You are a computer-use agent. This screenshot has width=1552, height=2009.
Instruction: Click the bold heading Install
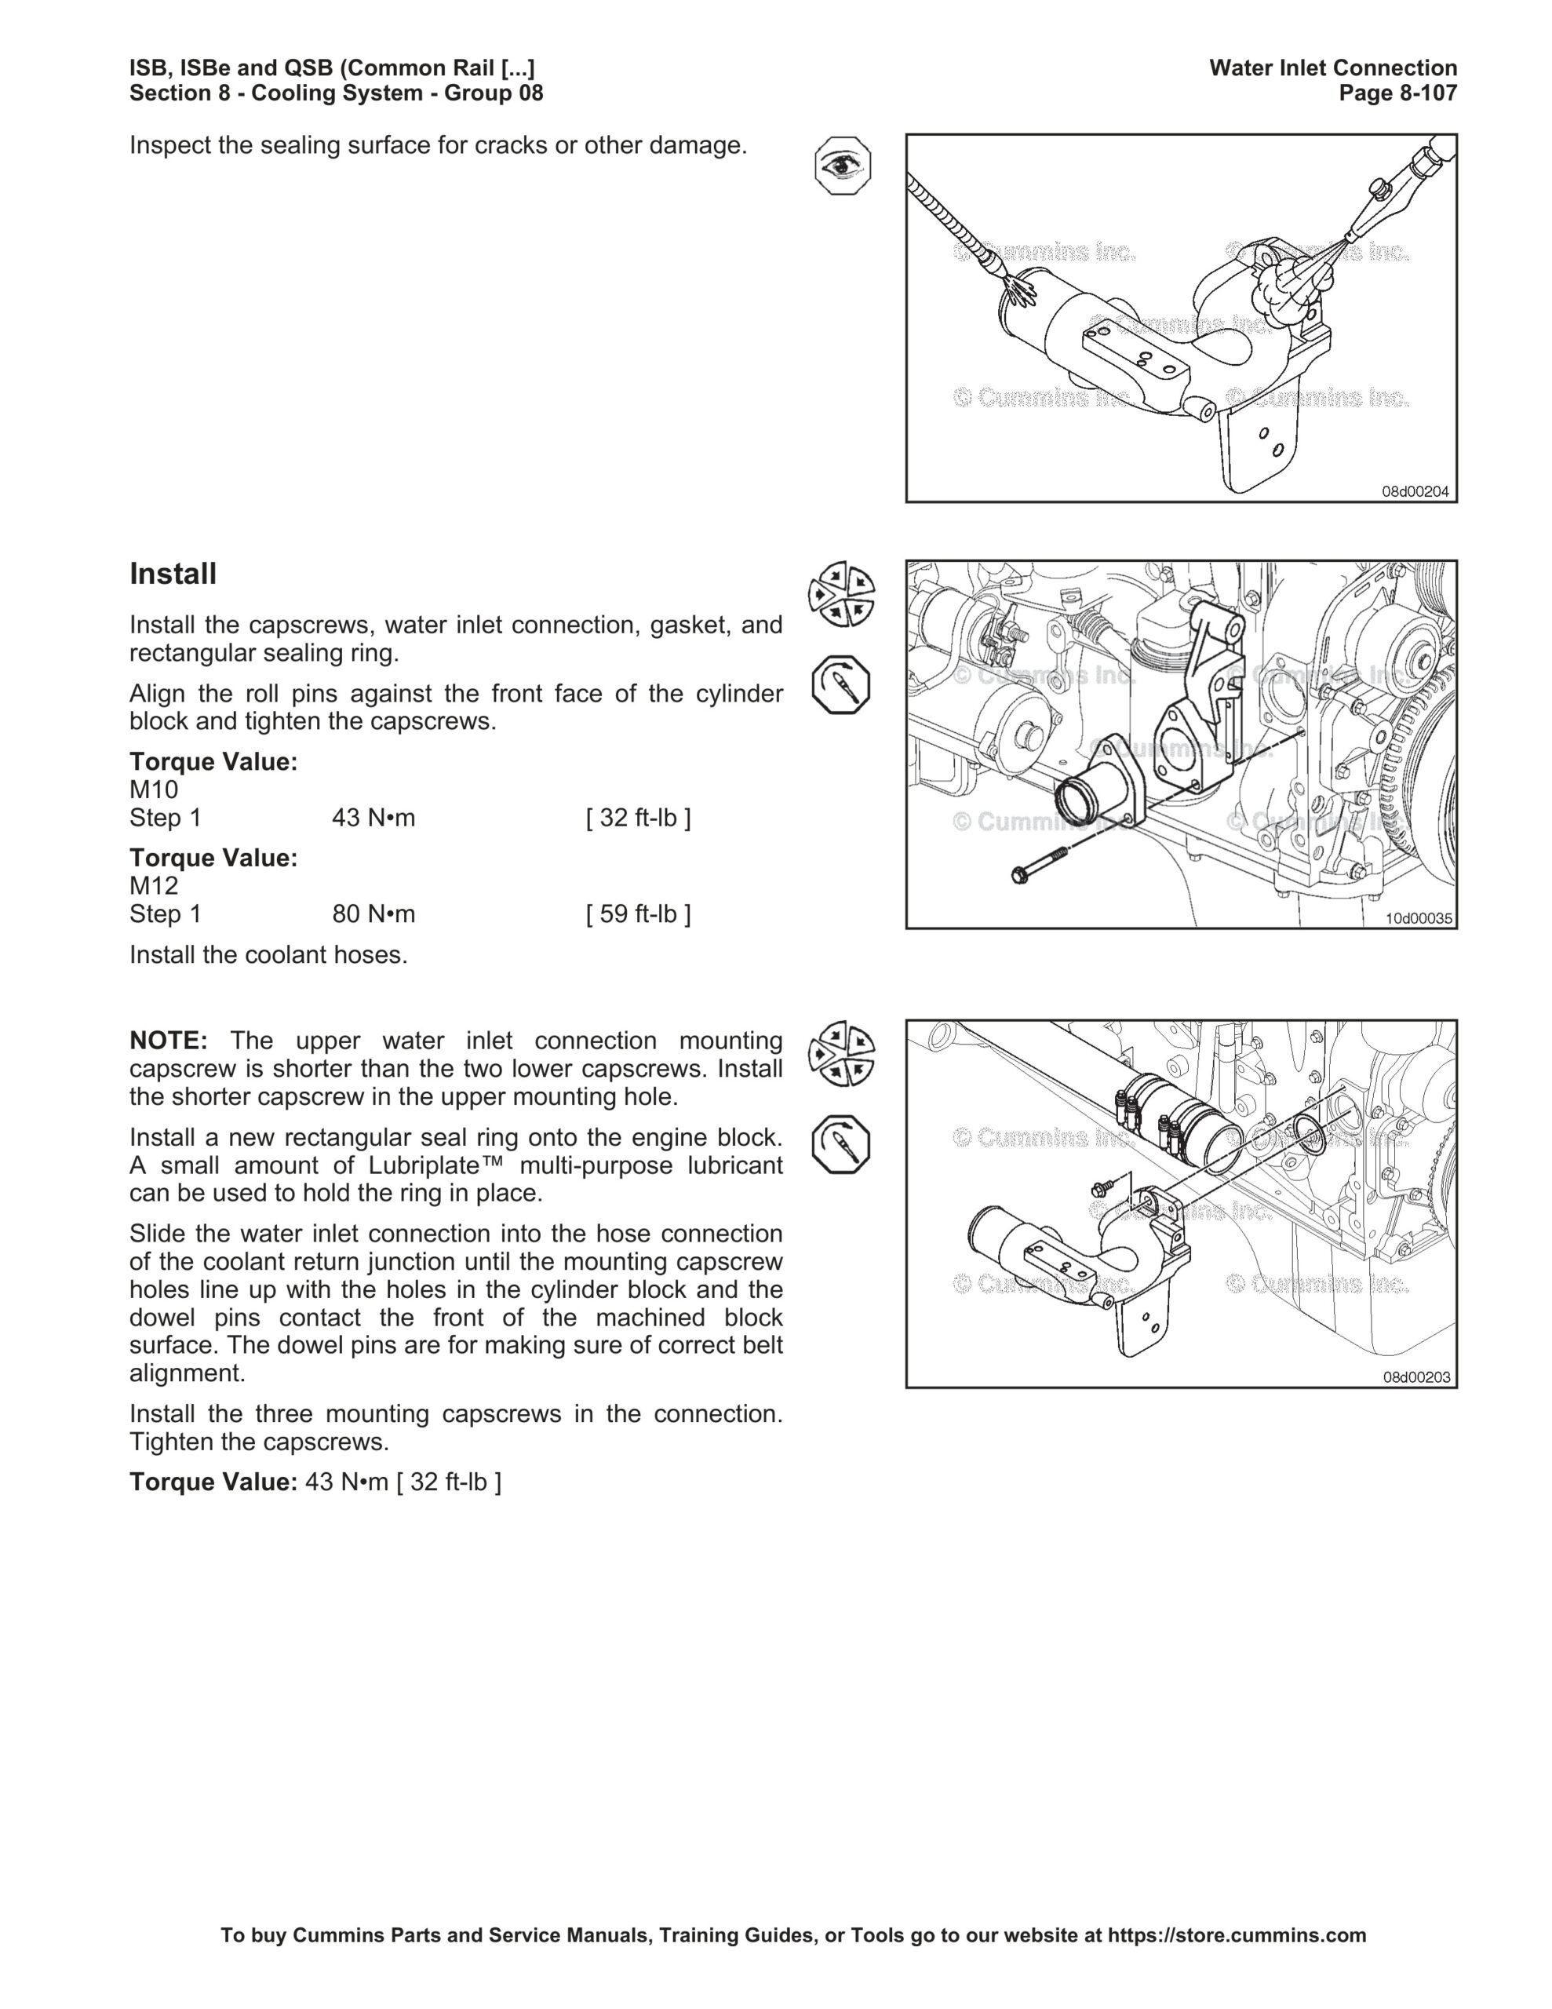[173, 574]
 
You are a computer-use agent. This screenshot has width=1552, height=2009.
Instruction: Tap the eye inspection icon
[843, 166]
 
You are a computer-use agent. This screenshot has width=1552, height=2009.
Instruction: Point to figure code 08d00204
[1415, 491]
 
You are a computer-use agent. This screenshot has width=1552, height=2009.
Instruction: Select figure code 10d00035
[1419, 918]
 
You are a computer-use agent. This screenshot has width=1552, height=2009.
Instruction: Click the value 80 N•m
[373, 913]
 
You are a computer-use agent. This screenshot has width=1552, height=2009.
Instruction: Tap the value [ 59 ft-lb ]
[639, 913]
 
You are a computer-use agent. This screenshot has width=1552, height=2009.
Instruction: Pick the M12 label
[154, 886]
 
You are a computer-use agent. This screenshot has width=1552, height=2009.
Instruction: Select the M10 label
[154, 790]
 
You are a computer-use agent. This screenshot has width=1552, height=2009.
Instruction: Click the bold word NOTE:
[169, 1041]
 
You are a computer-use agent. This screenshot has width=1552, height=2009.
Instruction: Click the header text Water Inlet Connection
[1333, 67]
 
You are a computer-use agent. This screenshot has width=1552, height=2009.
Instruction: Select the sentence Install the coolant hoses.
[268, 955]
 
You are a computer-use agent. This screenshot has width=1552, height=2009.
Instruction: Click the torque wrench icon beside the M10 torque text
[842, 686]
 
